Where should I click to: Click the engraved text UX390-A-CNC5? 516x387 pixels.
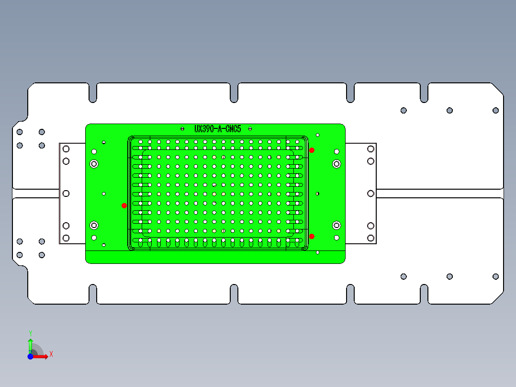pyautogui.click(x=218, y=129)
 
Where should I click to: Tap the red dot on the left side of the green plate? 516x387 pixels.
pyautogui.click(x=124, y=205)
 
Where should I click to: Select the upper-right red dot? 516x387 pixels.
pyautogui.click(x=312, y=150)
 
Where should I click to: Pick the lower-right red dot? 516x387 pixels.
pyautogui.click(x=312, y=236)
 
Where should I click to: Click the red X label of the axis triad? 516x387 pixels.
pyautogui.click(x=51, y=354)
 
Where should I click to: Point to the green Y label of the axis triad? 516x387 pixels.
pyautogui.click(x=31, y=333)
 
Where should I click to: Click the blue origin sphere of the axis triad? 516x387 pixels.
pyautogui.click(x=30, y=356)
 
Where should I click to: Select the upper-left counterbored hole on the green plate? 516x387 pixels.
pyautogui.click(x=94, y=164)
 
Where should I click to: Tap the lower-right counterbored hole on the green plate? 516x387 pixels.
pyautogui.click(x=337, y=225)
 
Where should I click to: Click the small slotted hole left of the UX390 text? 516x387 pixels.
pyautogui.click(x=182, y=128)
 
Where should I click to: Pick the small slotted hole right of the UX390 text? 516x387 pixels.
pyautogui.click(x=250, y=128)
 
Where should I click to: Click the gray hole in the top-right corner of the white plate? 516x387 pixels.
pyautogui.click(x=495, y=111)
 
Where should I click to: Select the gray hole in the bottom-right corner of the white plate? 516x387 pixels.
pyautogui.click(x=495, y=276)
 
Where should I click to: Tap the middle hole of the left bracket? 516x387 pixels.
pyautogui.click(x=66, y=193)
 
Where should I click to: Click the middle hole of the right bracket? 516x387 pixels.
pyautogui.click(x=370, y=193)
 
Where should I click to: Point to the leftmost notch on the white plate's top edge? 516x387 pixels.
pyautogui.click(x=93, y=93)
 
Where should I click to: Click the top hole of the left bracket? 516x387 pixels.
pyautogui.click(x=66, y=149)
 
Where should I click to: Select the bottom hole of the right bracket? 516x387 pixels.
pyautogui.click(x=370, y=238)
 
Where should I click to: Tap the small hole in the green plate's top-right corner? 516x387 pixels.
pyautogui.click(x=317, y=135)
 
